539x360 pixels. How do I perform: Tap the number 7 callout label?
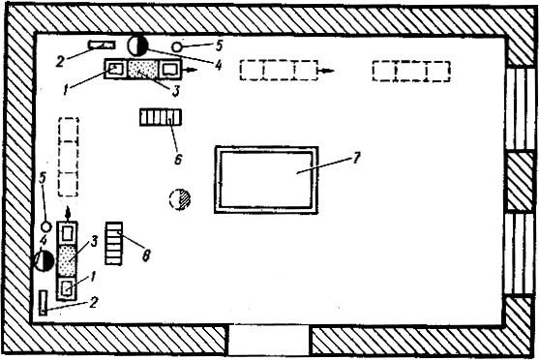(356, 158)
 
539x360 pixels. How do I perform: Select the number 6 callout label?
(178, 159)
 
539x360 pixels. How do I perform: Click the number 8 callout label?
(146, 255)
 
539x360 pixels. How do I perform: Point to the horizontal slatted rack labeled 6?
(161, 117)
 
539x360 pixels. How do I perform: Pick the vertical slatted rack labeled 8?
(114, 243)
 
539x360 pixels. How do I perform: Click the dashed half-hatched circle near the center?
(180, 199)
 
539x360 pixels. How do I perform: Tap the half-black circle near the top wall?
(137, 45)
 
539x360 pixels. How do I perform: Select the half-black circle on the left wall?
(44, 261)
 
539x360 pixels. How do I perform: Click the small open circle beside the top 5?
(177, 46)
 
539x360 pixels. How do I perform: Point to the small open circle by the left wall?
(46, 226)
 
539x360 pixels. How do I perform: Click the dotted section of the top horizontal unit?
(143, 69)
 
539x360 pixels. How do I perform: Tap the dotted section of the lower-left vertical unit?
(67, 261)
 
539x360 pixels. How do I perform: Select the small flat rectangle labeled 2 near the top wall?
(102, 45)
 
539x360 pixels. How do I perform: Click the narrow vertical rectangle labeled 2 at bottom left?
(44, 303)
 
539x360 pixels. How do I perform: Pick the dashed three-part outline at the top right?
(411, 72)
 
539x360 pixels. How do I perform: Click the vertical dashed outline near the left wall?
(69, 157)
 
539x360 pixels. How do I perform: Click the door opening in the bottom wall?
(268, 340)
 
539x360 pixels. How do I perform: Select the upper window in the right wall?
(520, 108)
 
